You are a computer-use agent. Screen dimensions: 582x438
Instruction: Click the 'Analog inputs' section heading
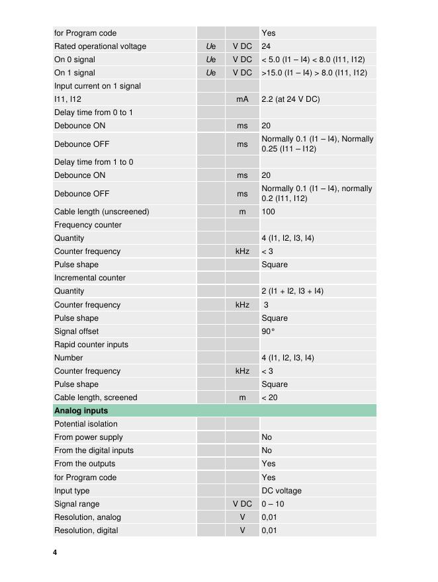(81, 411)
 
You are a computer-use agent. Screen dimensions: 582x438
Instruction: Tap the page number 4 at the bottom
(55, 552)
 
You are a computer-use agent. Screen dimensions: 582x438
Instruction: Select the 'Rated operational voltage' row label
(100, 46)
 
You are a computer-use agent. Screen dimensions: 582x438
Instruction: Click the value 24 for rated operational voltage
(266, 46)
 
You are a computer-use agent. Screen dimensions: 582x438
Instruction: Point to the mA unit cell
(242, 99)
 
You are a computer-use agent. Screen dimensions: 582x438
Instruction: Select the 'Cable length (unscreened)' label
(101, 212)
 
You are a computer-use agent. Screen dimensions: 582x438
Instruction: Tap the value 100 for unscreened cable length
(268, 212)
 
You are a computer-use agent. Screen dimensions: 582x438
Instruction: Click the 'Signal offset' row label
(76, 331)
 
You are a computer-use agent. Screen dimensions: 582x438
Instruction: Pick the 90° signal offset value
(268, 331)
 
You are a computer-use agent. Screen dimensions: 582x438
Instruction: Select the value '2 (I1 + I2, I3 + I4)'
(292, 291)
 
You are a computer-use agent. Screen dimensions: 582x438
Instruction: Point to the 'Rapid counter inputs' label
(91, 345)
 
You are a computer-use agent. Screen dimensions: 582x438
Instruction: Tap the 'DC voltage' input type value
(281, 491)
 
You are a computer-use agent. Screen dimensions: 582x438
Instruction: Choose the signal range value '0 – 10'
(273, 504)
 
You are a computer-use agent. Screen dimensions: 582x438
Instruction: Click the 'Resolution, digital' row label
(86, 530)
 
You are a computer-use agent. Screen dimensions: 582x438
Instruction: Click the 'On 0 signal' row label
(74, 60)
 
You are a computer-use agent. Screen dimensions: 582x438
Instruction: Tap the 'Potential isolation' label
(86, 424)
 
